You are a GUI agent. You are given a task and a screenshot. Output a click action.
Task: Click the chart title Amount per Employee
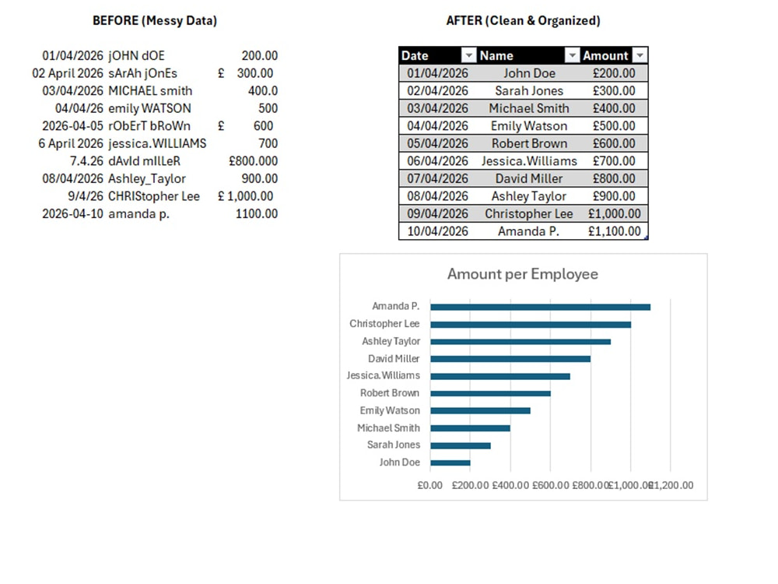point(523,274)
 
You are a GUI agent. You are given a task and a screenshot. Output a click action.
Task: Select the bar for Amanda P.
point(541,308)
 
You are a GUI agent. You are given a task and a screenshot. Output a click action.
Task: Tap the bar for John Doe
point(450,463)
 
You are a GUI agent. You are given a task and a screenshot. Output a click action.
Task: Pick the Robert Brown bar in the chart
point(490,394)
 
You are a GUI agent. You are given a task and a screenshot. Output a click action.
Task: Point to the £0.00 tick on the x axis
point(429,485)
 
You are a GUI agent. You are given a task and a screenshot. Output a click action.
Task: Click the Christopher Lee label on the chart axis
point(384,324)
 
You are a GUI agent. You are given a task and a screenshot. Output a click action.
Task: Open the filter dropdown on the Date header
point(468,55)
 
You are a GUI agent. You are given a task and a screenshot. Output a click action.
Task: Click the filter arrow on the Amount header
point(640,55)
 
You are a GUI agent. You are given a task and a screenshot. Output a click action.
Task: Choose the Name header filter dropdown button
point(572,55)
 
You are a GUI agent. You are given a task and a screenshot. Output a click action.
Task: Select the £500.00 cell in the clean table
point(614,126)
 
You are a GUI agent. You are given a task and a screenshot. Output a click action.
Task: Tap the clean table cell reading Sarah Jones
point(529,91)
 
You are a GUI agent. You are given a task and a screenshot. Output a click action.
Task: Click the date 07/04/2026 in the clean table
point(437,179)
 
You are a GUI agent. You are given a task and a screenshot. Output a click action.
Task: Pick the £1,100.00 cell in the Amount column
point(615,231)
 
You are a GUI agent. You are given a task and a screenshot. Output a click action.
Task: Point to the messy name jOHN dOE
point(136,55)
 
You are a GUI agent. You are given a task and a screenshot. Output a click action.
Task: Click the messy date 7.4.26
point(86,161)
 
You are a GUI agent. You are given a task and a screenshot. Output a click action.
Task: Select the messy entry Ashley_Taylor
point(147,179)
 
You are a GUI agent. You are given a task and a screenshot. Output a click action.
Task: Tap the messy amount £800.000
point(253,161)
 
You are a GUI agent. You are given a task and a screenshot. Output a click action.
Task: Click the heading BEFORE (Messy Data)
point(155,21)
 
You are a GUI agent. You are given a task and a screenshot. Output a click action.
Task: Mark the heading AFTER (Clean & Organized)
point(523,21)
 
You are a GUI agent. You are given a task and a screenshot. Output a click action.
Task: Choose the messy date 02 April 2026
point(68,73)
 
